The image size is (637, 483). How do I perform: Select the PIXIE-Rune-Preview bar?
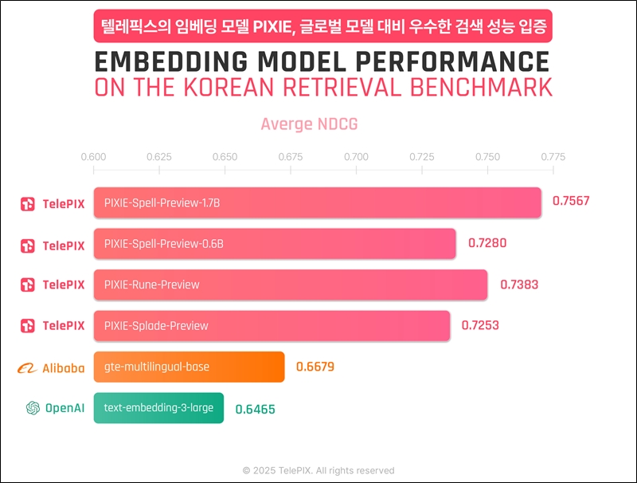point(290,285)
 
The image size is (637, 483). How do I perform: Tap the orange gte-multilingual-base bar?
point(189,367)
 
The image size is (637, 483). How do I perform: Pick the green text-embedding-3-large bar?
point(158,408)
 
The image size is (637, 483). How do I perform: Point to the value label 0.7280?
point(487,243)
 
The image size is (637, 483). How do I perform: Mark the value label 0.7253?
point(480,325)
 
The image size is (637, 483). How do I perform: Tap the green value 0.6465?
point(255,409)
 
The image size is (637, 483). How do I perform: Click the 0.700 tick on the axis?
point(356,156)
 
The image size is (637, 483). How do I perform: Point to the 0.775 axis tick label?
point(552,156)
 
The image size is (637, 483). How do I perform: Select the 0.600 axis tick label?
point(93,156)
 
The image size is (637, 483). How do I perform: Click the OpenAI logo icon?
point(33,408)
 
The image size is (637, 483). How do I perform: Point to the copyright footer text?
point(318,470)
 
